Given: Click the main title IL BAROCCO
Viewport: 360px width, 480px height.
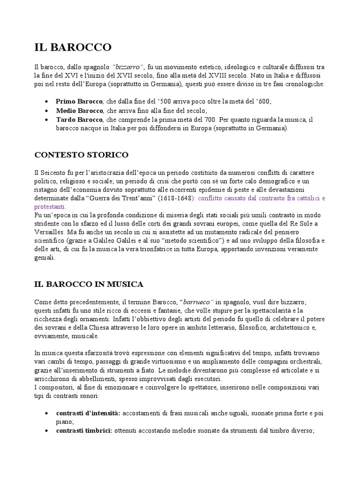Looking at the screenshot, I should click(x=73, y=47).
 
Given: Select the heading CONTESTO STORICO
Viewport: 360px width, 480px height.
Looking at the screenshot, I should click(x=82, y=154).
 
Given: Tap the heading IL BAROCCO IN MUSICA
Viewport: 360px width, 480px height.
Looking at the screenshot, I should click(x=89, y=284).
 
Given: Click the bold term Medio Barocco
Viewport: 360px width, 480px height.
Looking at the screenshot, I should click(x=80, y=110).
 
